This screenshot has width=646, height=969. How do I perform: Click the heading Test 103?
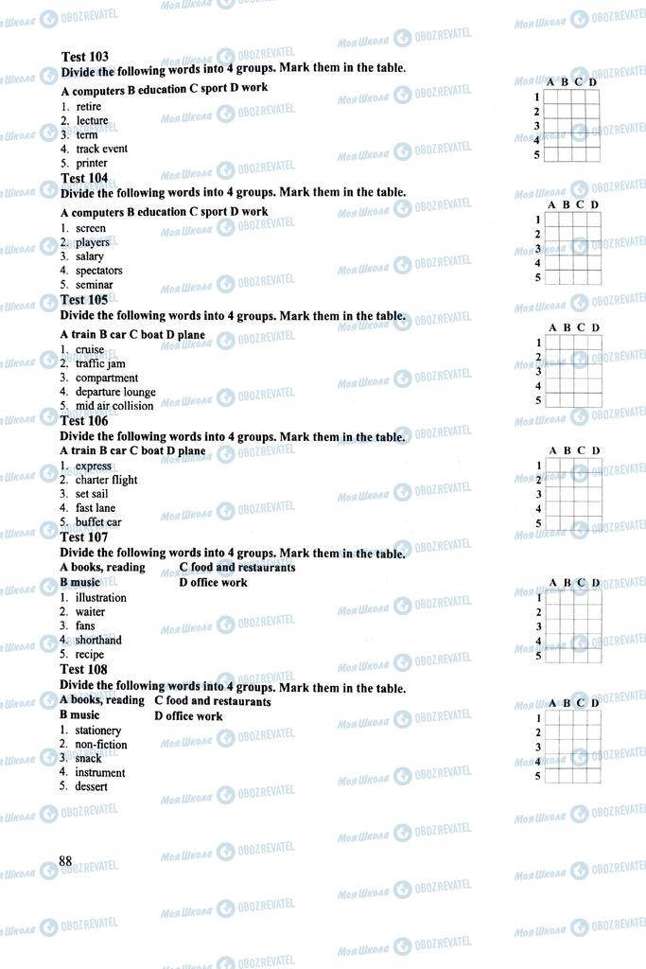click(x=84, y=57)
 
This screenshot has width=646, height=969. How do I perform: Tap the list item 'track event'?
click(x=101, y=149)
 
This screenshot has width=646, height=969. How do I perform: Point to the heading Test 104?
click(x=84, y=178)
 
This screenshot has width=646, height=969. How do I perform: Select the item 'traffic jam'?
click(x=100, y=363)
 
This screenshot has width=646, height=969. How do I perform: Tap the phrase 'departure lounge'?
click(x=115, y=392)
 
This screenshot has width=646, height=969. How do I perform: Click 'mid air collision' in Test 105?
click(x=113, y=406)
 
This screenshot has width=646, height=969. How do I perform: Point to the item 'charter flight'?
click(x=106, y=480)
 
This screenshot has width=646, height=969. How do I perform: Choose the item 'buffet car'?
click(x=98, y=522)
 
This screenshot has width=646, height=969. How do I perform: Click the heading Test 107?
click(x=84, y=537)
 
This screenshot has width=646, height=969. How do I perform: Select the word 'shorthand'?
click(x=98, y=640)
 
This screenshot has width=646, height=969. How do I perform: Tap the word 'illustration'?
click(x=100, y=598)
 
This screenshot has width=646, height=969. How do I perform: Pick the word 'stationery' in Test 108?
click(x=98, y=731)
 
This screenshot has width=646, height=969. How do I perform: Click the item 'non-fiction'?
click(x=100, y=745)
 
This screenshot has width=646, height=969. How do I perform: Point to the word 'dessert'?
click(x=92, y=786)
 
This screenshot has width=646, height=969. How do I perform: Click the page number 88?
click(x=65, y=860)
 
